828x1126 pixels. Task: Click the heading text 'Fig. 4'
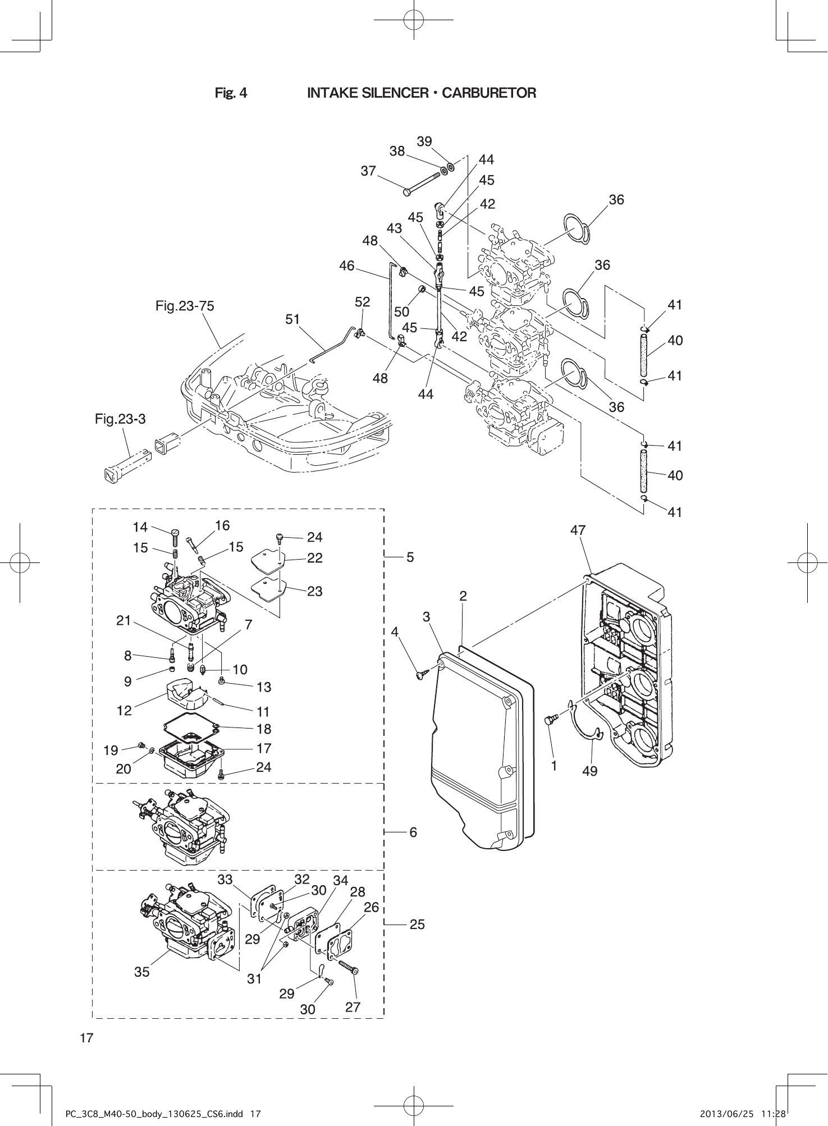tap(231, 93)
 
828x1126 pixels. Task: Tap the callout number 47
tap(578, 530)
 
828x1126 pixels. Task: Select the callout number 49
tap(589, 771)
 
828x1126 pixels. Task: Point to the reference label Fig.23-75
tap(185, 306)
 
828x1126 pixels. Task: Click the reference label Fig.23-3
tap(120, 419)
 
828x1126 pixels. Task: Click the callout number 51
tap(292, 319)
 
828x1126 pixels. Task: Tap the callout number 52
tap(363, 301)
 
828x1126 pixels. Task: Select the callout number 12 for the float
tap(124, 711)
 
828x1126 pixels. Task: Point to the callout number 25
tap(417, 924)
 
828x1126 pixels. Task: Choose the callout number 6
tap(413, 832)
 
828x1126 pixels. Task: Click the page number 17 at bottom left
tap(86, 1037)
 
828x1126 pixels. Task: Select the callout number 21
tap(123, 620)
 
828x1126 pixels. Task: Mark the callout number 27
tap(353, 1007)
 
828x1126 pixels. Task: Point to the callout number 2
tap(463, 596)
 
